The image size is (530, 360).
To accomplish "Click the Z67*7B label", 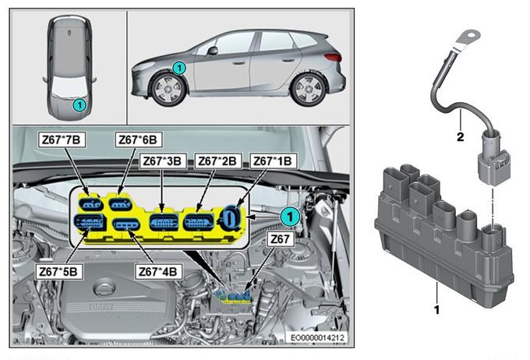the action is (62, 139).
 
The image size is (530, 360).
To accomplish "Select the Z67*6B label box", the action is (138, 139).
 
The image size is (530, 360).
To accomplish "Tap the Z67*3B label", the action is (162, 161).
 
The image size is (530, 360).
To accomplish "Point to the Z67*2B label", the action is (217, 161).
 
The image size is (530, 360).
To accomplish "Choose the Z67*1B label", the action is (273, 161).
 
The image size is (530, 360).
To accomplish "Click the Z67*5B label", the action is (58, 271).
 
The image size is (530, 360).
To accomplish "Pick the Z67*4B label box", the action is (158, 271).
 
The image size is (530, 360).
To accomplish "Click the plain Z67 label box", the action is (281, 239).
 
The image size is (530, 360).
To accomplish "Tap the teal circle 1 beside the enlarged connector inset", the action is (290, 217).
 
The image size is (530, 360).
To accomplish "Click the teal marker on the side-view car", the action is (179, 69).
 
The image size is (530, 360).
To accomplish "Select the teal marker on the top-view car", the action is (79, 105).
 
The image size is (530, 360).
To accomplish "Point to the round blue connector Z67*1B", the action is (231, 217).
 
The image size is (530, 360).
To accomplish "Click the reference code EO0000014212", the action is (317, 337).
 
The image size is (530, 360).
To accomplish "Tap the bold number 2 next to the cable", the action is (460, 137).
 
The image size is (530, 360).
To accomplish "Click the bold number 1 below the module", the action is (436, 309).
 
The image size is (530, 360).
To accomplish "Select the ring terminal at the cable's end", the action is (468, 38).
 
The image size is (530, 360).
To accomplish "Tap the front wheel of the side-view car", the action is (168, 90).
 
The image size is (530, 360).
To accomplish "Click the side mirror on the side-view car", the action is (213, 51).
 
